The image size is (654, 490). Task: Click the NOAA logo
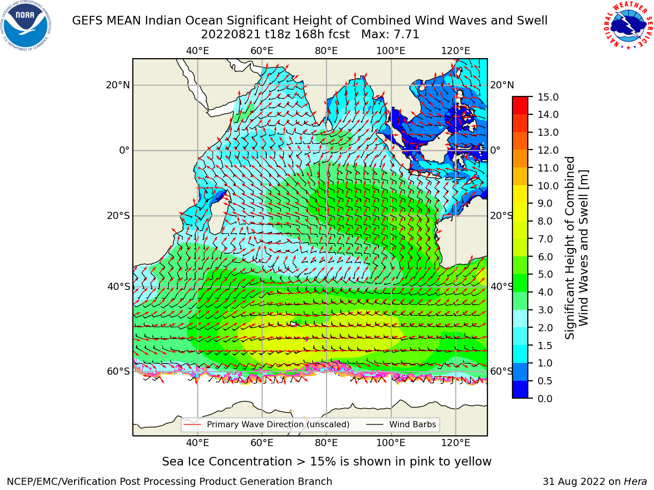[26, 26]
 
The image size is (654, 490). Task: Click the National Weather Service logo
[627, 25]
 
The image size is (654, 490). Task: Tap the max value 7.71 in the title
[405, 35]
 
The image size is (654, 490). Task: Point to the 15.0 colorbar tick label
[548, 97]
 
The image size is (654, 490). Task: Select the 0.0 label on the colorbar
[545, 399]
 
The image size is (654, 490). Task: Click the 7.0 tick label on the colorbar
[545, 239]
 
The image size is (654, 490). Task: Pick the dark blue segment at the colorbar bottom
[520, 389]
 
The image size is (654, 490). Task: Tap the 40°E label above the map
[197, 51]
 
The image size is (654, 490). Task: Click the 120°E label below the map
[455, 443]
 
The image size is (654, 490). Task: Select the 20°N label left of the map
[118, 85]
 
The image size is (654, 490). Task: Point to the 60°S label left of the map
[119, 372]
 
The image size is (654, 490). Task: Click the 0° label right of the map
[495, 150]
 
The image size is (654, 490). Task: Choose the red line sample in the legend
[192, 425]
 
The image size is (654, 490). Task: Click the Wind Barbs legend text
[412, 425]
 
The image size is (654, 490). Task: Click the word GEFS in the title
[88, 21]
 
